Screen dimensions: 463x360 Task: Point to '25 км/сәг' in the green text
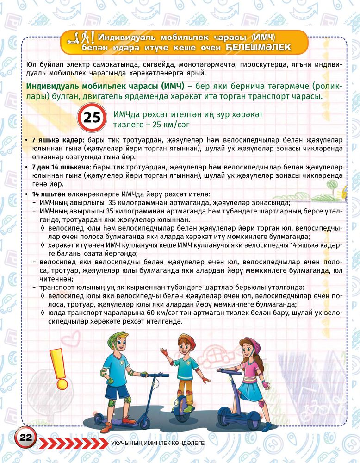pyautogui.click(x=169, y=125)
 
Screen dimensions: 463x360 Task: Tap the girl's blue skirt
pyautogui.click(x=251, y=391)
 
